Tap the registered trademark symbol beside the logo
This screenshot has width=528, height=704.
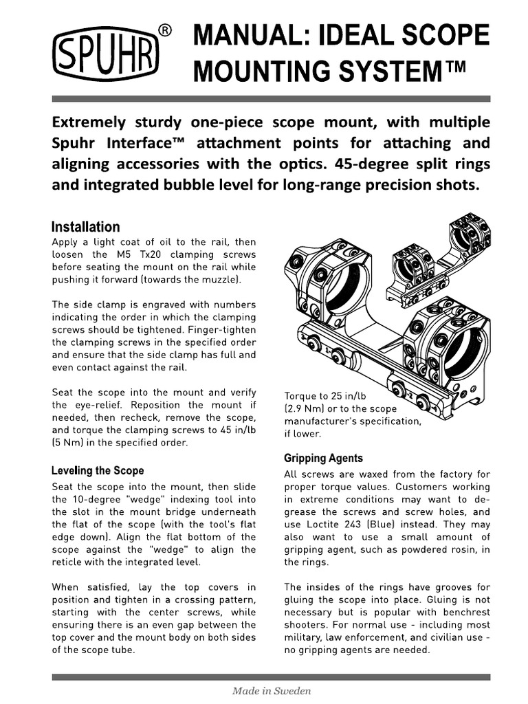tap(166, 30)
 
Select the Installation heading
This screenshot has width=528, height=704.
tap(86, 227)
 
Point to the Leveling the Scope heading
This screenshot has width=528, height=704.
tap(98, 471)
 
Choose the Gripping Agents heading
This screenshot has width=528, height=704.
tap(323, 458)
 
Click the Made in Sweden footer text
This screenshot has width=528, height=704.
tap(271, 691)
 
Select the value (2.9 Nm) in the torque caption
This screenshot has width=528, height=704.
tap(310, 408)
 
